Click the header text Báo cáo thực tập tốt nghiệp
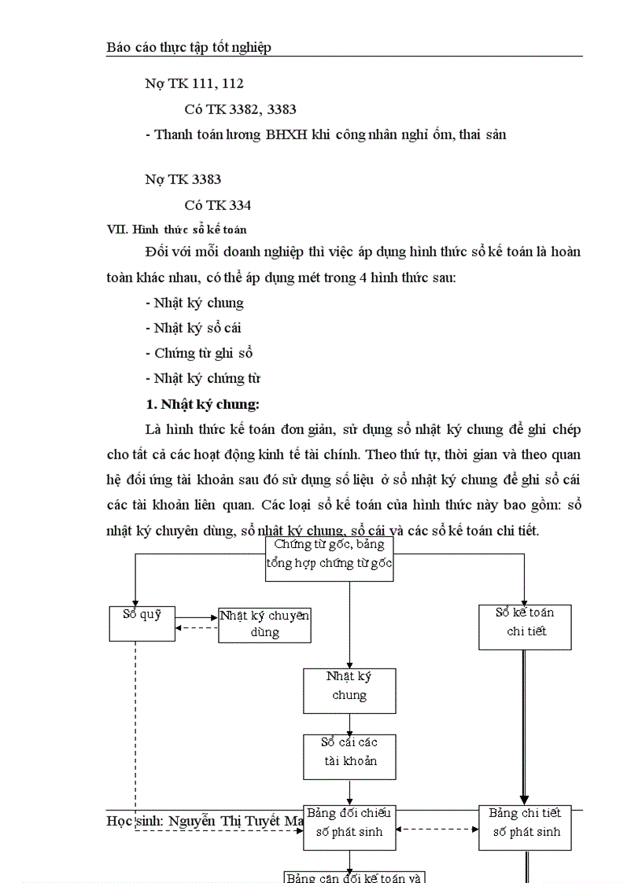tap(189, 47)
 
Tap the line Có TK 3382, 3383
tap(240, 109)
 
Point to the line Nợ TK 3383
tap(183, 179)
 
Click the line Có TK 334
tap(218, 205)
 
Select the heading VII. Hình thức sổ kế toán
tap(176, 230)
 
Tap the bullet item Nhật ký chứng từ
tap(203, 378)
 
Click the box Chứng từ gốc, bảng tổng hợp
tap(329, 558)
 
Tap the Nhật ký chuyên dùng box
tap(264, 624)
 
